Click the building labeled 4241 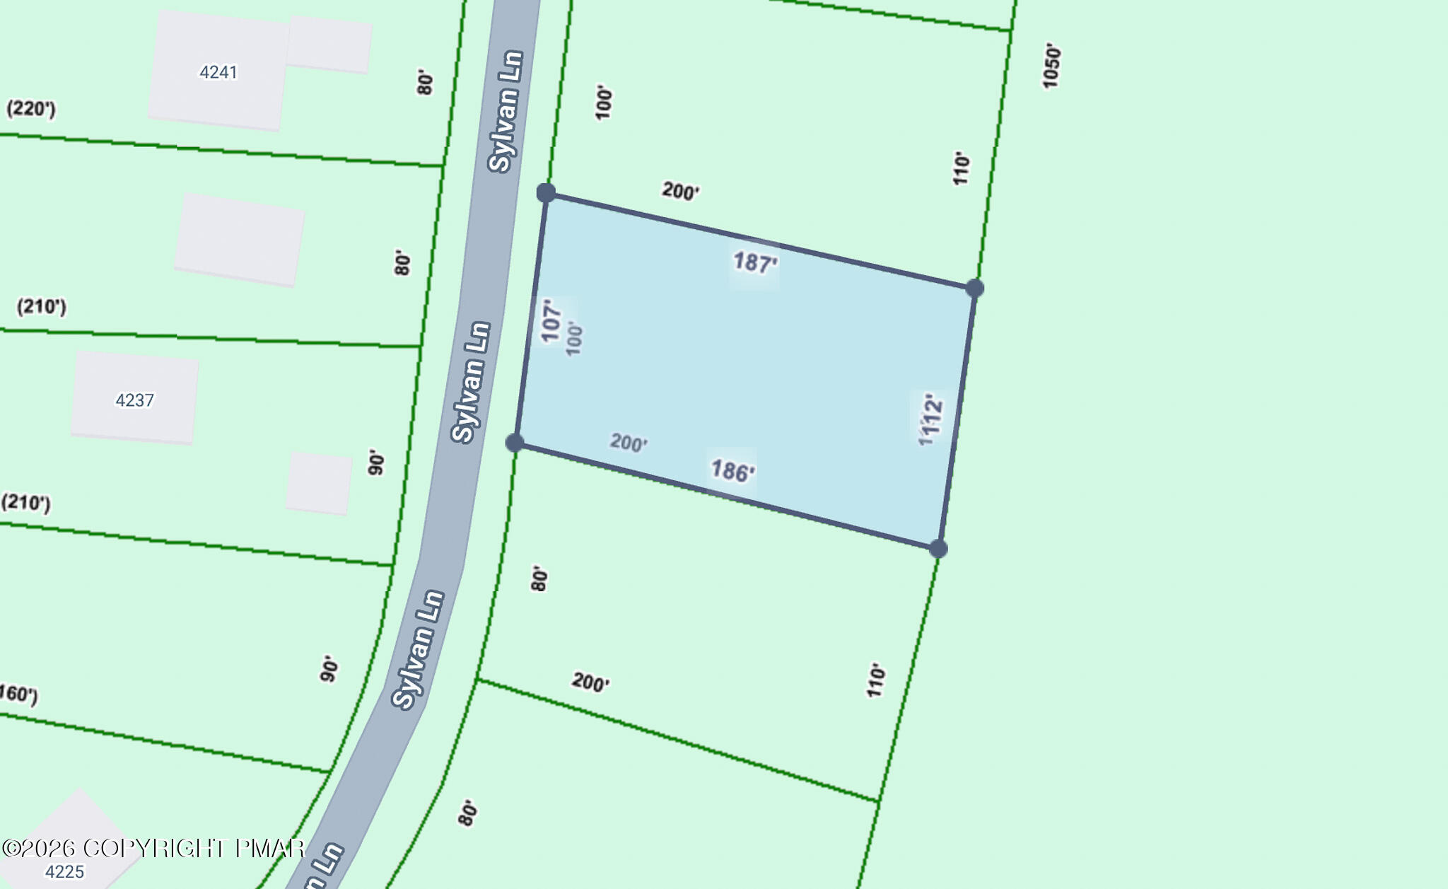pos(218,71)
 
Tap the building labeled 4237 pos(134,400)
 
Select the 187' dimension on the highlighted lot pos(754,263)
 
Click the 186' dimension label pos(732,471)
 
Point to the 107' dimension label pos(551,320)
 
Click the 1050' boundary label pos(1051,66)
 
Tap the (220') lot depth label pos(31,109)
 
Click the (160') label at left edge pos(18,693)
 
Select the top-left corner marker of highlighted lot pos(546,192)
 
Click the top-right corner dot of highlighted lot pos(975,288)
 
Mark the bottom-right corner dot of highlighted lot pos(938,549)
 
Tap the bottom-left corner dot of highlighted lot pos(515,443)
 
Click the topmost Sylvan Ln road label pos(506,111)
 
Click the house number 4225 pos(64,871)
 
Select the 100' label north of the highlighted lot pos(603,103)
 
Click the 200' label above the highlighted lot pos(680,191)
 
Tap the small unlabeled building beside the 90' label pos(319,483)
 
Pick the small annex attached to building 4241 pos(329,45)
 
